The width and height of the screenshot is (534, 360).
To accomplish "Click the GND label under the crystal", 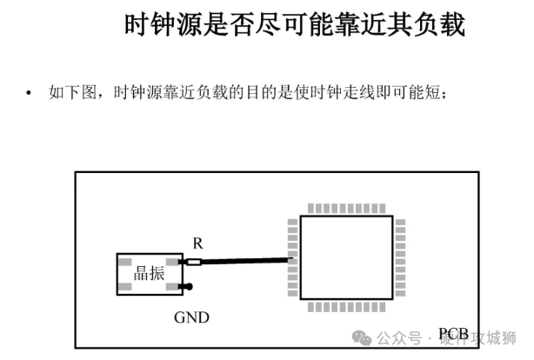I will (x=191, y=317).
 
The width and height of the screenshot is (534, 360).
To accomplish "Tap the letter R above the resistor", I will (x=197, y=245).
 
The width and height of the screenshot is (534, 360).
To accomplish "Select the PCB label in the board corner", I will (x=454, y=334).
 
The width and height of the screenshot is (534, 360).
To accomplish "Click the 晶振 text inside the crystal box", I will (x=149, y=273).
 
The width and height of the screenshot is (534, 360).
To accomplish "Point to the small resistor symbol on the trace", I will (x=194, y=262).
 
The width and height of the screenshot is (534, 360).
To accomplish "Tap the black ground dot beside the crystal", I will (x=189, y=287).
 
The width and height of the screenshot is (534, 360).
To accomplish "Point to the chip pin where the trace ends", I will (x=294, y=258).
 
